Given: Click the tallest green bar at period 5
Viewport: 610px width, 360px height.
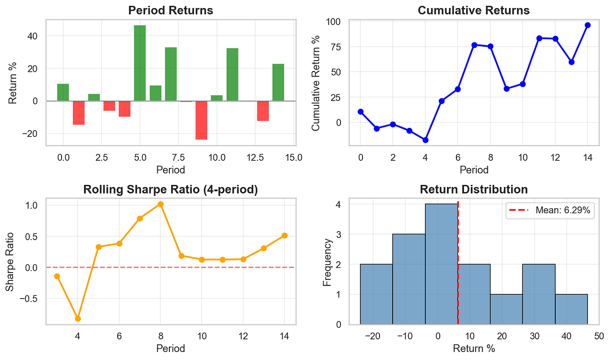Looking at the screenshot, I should point(140,63).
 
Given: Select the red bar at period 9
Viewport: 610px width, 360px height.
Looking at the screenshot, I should point(201,120).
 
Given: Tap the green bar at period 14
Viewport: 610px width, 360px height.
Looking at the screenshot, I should point(278,83).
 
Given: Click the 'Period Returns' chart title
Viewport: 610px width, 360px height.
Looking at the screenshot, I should point(171,10).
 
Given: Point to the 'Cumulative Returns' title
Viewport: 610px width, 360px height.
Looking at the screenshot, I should point(473,10).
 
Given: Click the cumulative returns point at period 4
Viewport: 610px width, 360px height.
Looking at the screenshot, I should point(425,140).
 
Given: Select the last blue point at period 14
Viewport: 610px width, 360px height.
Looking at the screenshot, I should point(587,25).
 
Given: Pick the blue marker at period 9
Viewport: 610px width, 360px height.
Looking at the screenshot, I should point(506,89).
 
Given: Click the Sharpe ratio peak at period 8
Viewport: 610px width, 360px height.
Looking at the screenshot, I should point(160,204).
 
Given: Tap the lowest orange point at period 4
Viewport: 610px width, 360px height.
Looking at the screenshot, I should point(78,319).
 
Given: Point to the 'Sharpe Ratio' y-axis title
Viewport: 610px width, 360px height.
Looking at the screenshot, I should point(10,262).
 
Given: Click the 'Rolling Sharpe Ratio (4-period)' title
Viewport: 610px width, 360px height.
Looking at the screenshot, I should point(171,189).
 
